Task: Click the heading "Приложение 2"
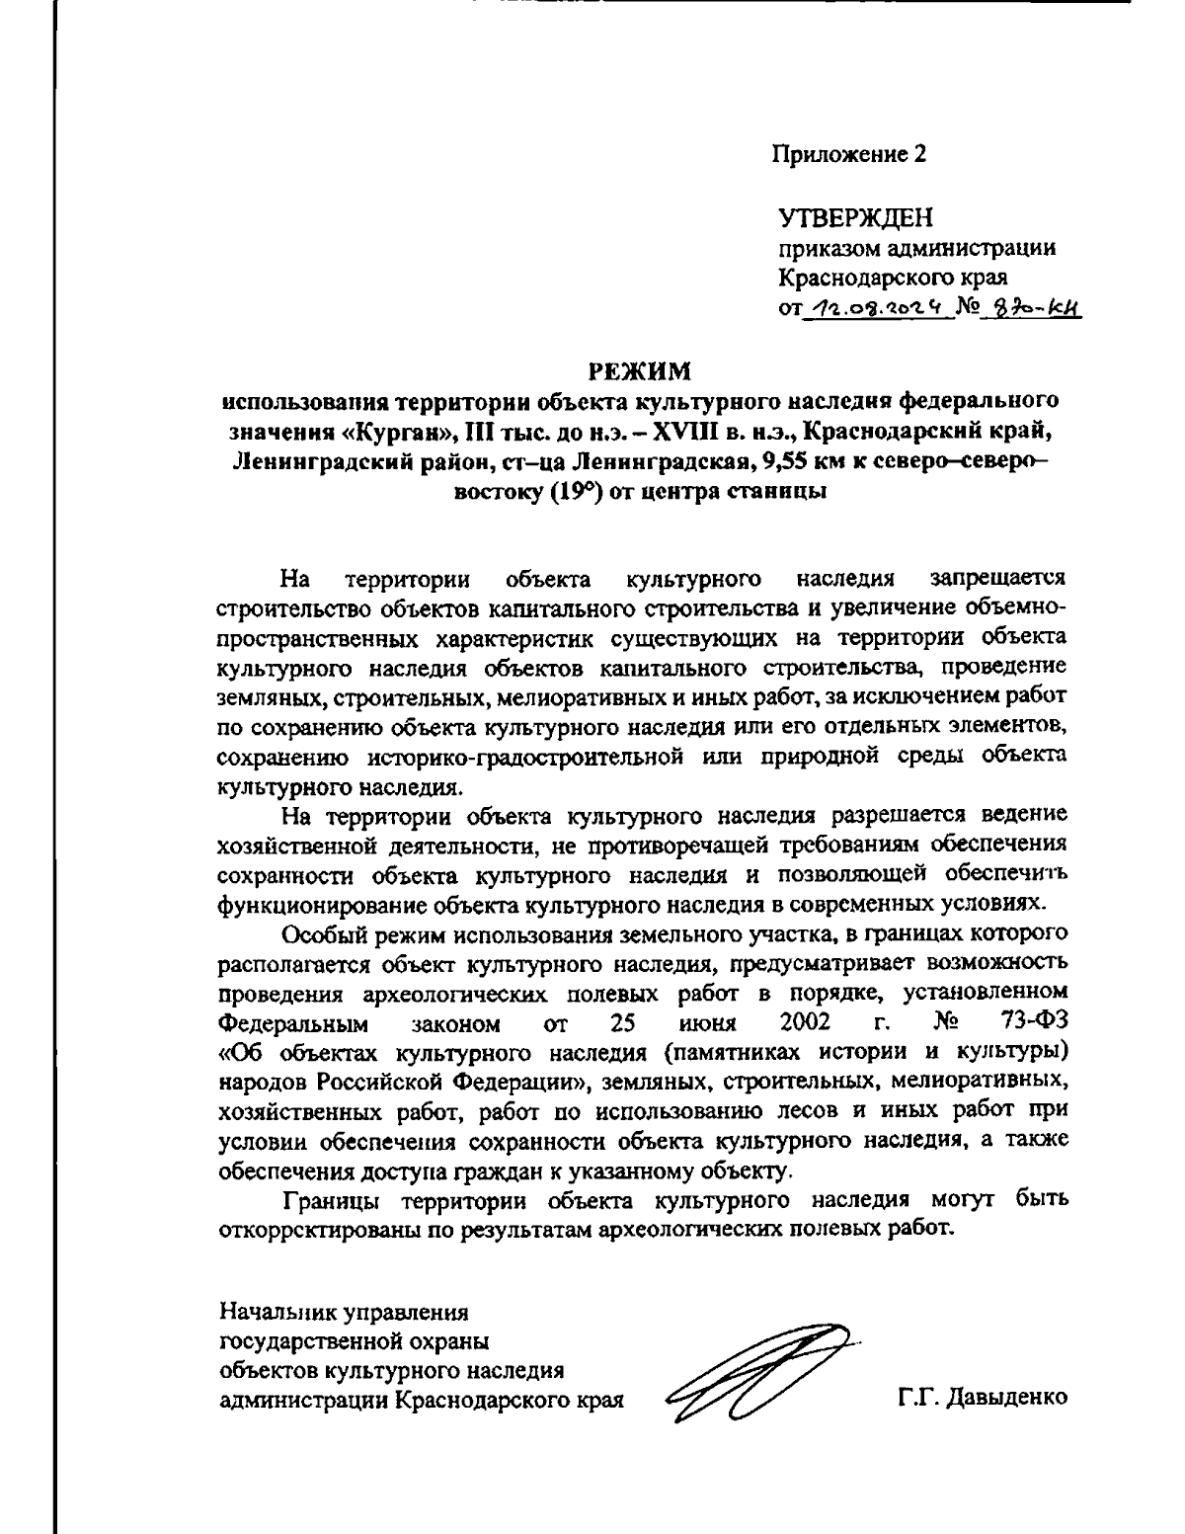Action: click(848, 155)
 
